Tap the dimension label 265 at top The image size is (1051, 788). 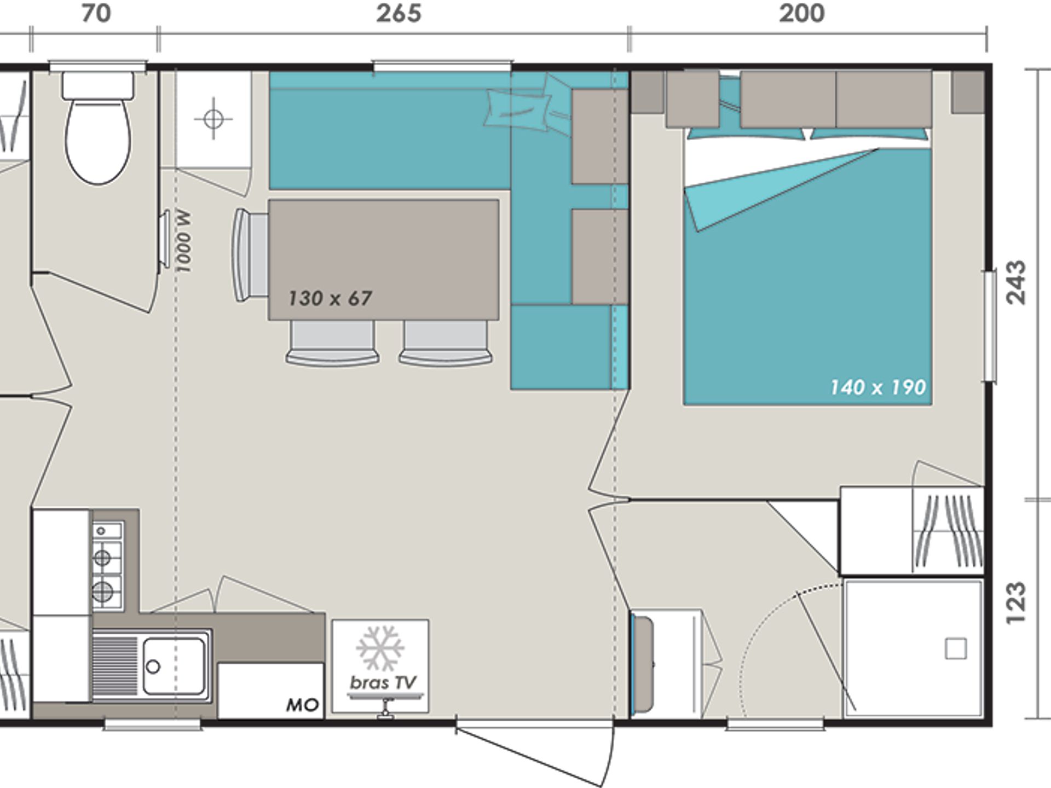click(399, 14)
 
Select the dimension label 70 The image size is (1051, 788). click(96, 14)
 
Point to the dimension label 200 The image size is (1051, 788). click(802, 14)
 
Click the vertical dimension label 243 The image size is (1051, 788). click(1016, 282)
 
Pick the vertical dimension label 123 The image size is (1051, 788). click(1016, 602)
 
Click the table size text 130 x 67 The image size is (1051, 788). click(330, 299)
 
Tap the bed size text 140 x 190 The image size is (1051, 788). click(877, 387)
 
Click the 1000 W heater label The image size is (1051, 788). click(183, 241)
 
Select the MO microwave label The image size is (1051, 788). click(302, 705)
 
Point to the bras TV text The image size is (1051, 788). click(383, 683)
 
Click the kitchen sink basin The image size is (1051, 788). click(174, 666)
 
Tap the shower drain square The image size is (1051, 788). click(956, 649)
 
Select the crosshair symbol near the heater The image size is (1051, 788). click(213, 119)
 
